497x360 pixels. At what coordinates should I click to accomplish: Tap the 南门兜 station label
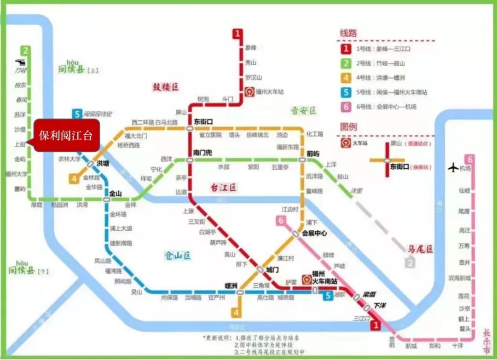202,152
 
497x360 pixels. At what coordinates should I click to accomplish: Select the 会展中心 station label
314,234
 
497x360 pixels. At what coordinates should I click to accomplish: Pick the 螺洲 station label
231,285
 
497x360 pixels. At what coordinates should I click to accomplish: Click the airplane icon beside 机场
453,168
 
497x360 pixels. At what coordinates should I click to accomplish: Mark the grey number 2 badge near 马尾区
410,263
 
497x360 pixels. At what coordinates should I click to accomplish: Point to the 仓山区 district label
177,256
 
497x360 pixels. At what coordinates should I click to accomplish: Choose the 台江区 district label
223,187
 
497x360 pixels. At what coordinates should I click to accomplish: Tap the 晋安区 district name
303,111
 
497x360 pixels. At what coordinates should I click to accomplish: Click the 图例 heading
348,126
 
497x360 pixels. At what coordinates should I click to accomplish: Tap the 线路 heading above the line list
348,33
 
